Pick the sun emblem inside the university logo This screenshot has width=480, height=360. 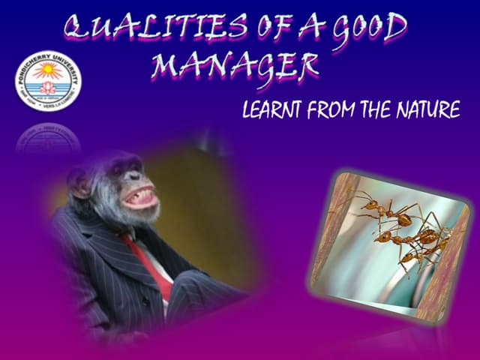coord(46,72)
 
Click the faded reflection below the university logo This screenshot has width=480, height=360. coord(47,139)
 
